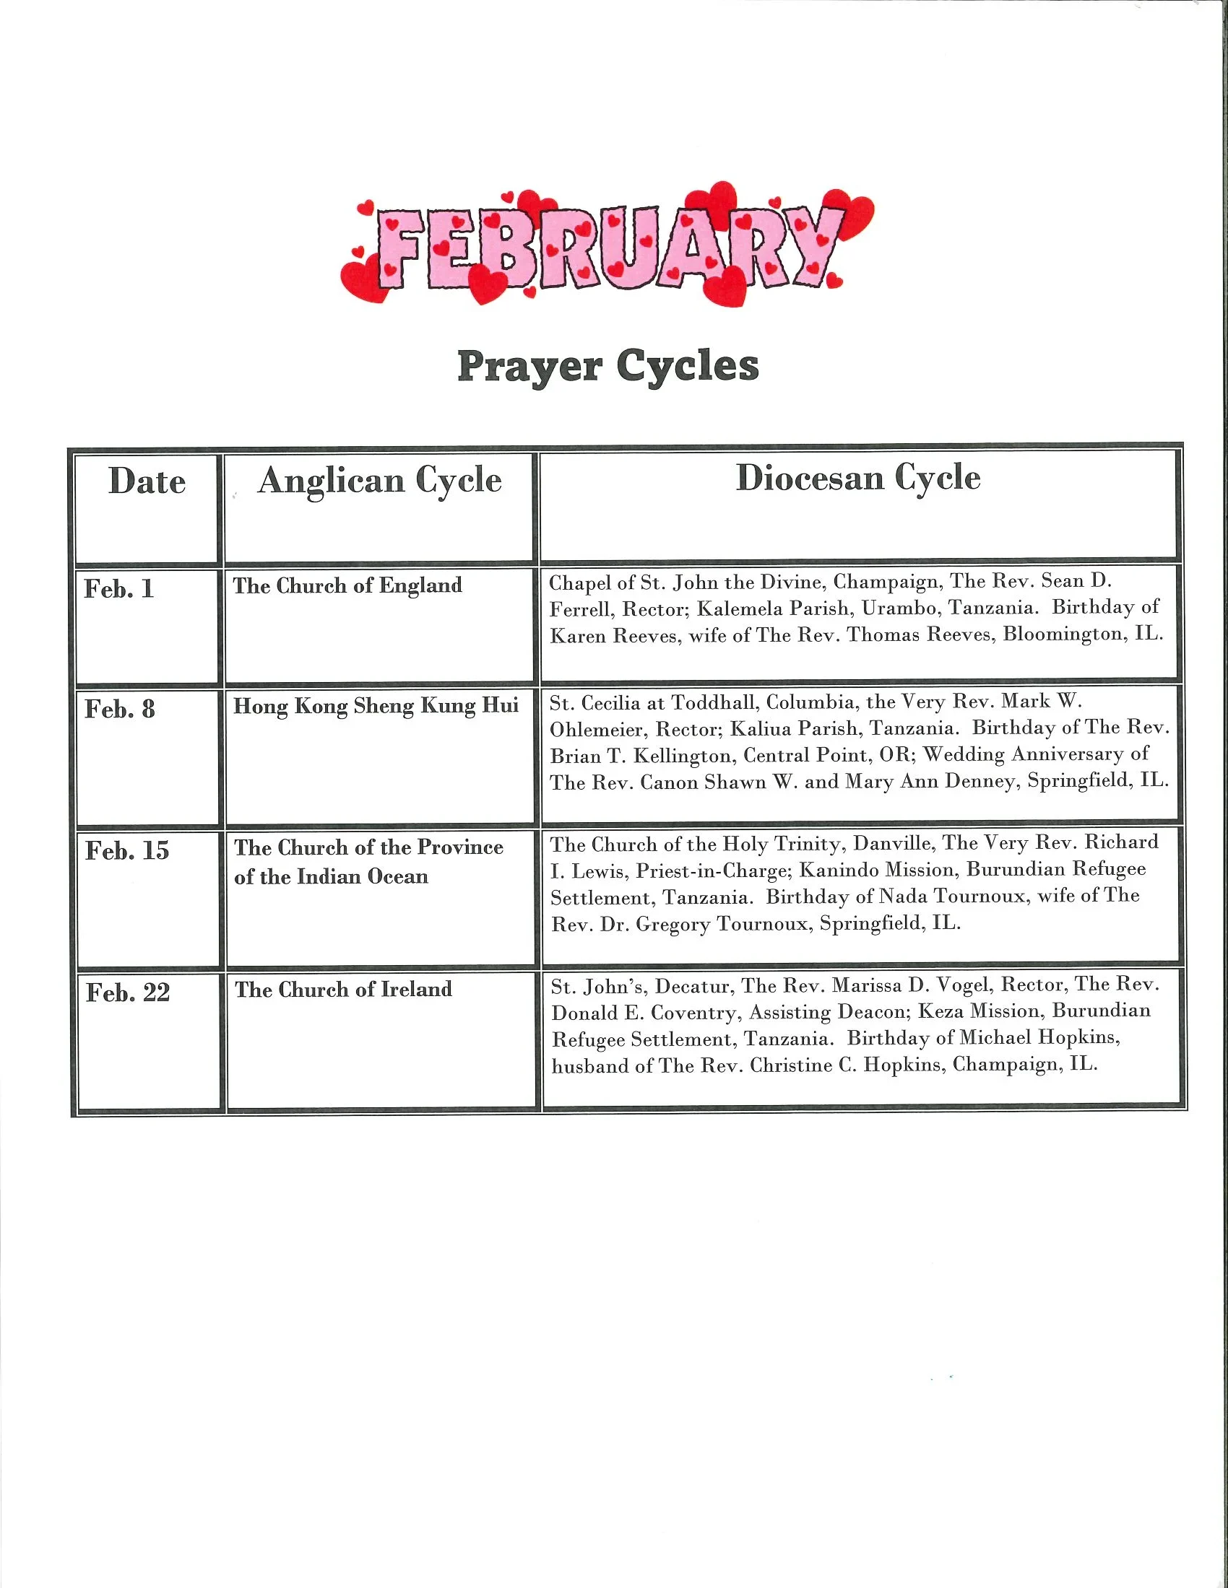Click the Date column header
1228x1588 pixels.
(x=147, y=481)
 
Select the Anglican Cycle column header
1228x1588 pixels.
(x=380, y=481)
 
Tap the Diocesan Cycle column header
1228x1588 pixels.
(x=857, y=479)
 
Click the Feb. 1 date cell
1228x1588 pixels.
(x=119, y=588)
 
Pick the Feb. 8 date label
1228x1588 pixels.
(x=120, y=709)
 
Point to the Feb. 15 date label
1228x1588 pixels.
(x=127, y=850)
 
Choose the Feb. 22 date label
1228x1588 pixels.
(x=128, y=992)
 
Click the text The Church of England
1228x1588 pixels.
(x=347, y=585)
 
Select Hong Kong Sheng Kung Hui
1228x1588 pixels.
(x=376, y=706)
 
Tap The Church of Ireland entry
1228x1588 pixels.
(x=343, y=989)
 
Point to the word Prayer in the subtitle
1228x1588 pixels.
(x=529, y=367)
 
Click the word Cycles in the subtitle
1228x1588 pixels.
(x=688, y=367)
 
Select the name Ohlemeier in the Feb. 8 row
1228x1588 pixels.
(x=597, y=729)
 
